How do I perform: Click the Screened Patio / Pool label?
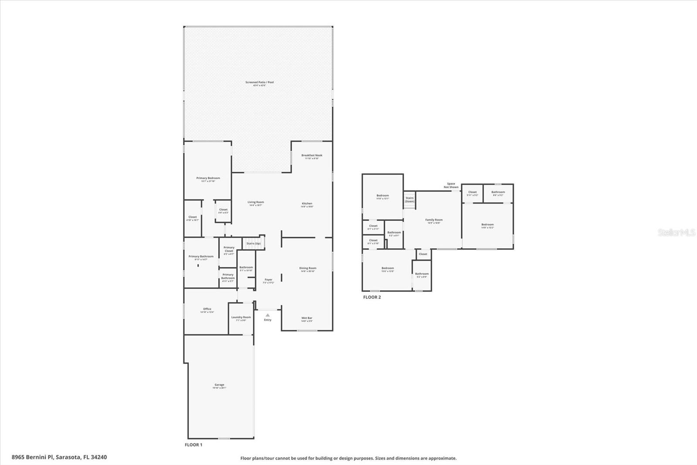tap(259, 82)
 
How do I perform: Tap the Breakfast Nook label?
tap(311, 155)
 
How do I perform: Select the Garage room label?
tap(219, 385)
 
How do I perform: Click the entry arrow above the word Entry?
tap(267, 315)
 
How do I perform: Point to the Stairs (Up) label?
tap(254, 243)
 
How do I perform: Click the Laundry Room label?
tap(241, 317)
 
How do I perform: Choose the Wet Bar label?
tap(307, 318)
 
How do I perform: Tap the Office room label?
tap(207, 309)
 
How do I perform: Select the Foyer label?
tap(268, 280)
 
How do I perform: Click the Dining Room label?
tap(308, 268)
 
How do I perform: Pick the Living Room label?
tap(256, 202)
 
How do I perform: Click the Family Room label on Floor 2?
tap(433, 220)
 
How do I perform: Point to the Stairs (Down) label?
tap(409, 199)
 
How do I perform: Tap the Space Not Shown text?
tap(451, 185)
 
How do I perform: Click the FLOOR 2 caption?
tap(372, 297)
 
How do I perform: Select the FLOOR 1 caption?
tap(193, 445)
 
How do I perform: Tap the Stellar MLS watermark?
tap(676, 232)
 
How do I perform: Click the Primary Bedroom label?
tap(208, 178)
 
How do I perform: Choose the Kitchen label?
tap(307, 204)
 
